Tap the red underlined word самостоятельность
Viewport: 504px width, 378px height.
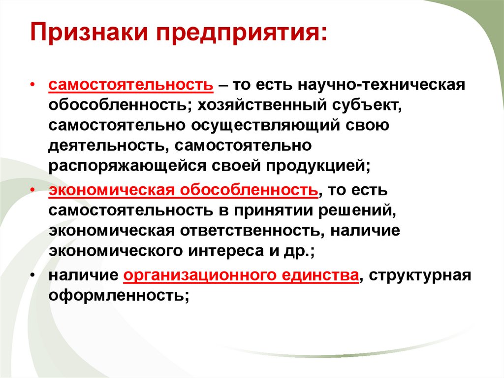(x=130, y=84)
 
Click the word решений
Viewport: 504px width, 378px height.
(x=364, y=210)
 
